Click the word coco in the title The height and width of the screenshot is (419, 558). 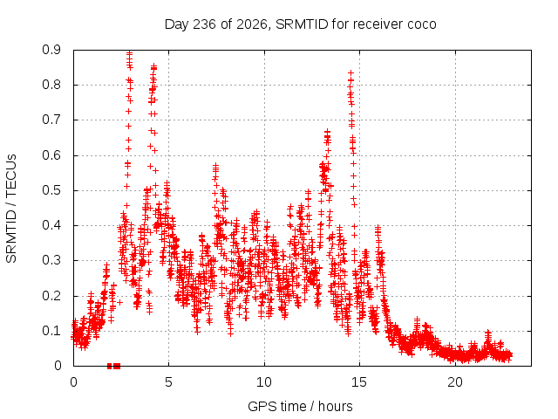point(422,24)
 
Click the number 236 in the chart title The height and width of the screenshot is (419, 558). point(204,24)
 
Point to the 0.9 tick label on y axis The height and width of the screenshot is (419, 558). point(51,50)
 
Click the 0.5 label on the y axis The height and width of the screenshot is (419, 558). point(51,190)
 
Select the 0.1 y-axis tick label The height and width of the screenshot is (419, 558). point(51,331)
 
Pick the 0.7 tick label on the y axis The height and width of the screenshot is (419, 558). point(51,120)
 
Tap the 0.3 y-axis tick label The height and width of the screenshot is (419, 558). point(51,260)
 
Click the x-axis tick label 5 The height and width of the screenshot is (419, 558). point(168,382)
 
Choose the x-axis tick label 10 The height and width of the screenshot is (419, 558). point(264,382)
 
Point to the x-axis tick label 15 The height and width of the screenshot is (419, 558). point(359,382)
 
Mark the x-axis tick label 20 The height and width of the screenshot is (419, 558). point(455,382)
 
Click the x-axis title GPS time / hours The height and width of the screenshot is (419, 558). point(300,407)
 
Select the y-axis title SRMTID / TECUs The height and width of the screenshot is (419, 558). point(11,209)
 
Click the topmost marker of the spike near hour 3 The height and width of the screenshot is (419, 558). point(130,53)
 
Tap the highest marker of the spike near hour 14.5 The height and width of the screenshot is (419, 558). point(350,73)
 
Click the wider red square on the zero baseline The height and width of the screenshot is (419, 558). point(117,366)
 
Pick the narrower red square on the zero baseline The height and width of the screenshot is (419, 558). point(110,366)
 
